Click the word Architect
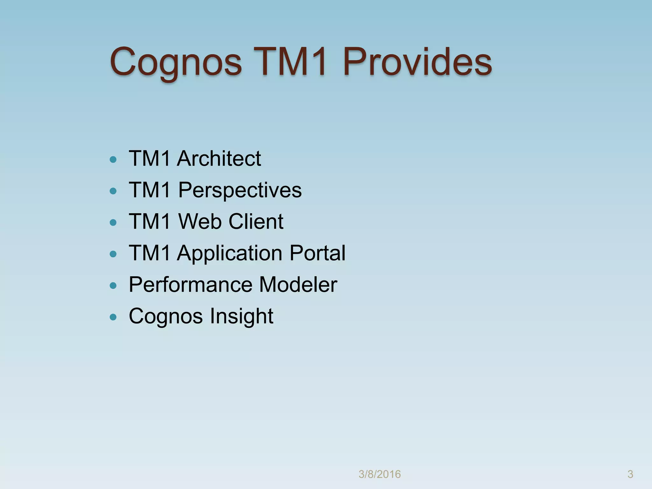pyautogui.click(x=219, y=158)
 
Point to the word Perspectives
pyautogui.click(x=240, y=190)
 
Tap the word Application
pyautogui.click(x=230, y=253)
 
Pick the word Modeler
pyautogui.click(x=298, y=284)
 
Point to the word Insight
pyautogui.click(x=241, y=316)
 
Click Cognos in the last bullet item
pyautogui.click(x=166, y=316)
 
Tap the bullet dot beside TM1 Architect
pyautogui.click(x=113, y=159)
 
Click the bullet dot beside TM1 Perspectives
pyautogui.click(x=113, y=191)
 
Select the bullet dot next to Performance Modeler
pyautogui.click(x=113, y=286)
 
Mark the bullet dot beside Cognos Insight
pyautogui.click(x=113, y=317)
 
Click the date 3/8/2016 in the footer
pyautogui.click(x=379, y=474)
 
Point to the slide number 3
pyautogui.click(x=630, y=474)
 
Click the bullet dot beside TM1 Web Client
pyautogui.click(x=113, y=223)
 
